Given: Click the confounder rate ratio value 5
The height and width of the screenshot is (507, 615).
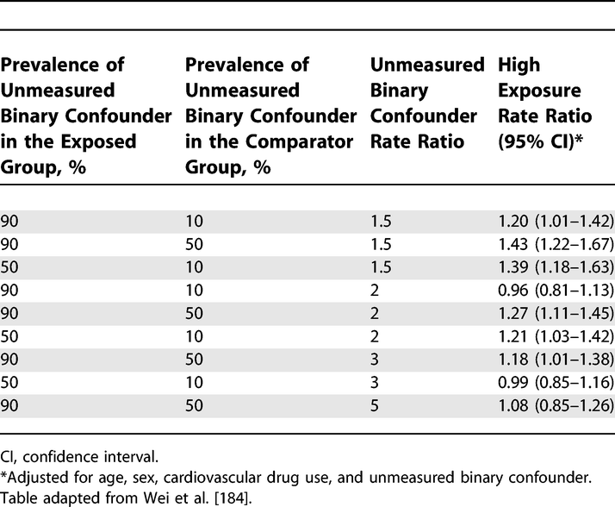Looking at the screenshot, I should click(x=374, y=378).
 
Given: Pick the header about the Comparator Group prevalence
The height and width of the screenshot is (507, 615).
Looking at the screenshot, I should click(x=270, y=116).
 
